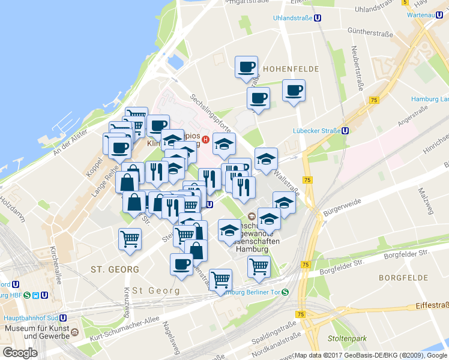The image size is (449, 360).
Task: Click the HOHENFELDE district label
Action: (289, 68)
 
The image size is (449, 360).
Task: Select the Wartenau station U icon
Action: (441, 14)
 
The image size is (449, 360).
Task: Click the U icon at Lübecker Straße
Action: (345, 130)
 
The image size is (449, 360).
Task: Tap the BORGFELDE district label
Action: (403, 278)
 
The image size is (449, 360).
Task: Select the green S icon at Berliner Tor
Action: (286, 293)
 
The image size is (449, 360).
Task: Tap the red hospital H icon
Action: (205, 140)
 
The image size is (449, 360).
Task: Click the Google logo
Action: (20, 352)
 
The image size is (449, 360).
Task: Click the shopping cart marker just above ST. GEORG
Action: (130, 239)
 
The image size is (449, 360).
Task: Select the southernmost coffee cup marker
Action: (181, 265)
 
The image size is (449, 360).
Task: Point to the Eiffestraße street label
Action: (431, 306)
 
